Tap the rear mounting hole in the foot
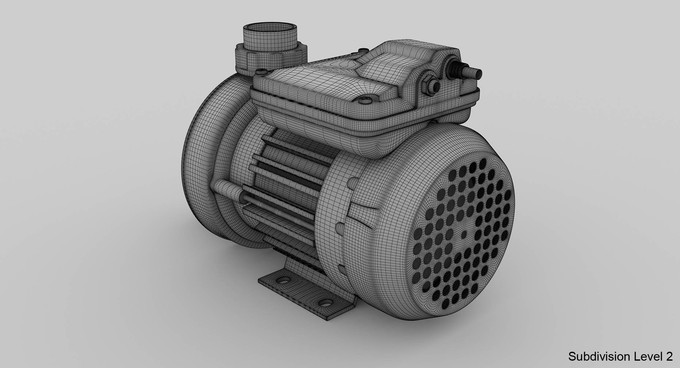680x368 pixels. click(284, 280)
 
